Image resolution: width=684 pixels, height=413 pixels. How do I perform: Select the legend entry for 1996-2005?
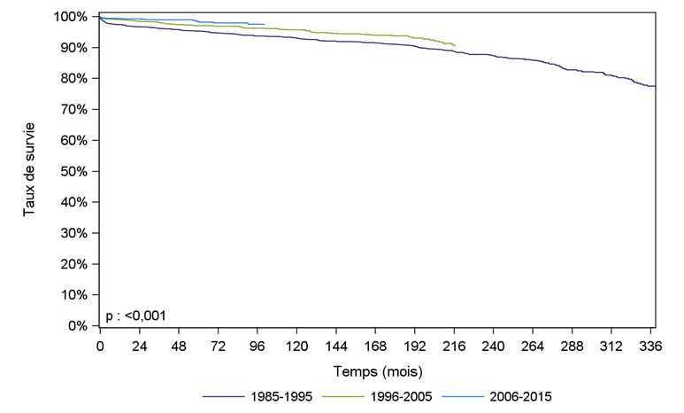click(402, 397)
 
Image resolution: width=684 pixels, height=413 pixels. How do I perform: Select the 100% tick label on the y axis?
click(74, 17)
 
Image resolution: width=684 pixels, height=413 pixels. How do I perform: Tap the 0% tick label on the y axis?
click(81, 326)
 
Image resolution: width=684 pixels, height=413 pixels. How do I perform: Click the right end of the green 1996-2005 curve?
click(455, 44)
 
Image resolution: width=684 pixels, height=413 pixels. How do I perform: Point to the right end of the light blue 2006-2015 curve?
click(264, 24)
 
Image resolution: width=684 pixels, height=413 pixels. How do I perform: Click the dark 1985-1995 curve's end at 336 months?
click(654, 86)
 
